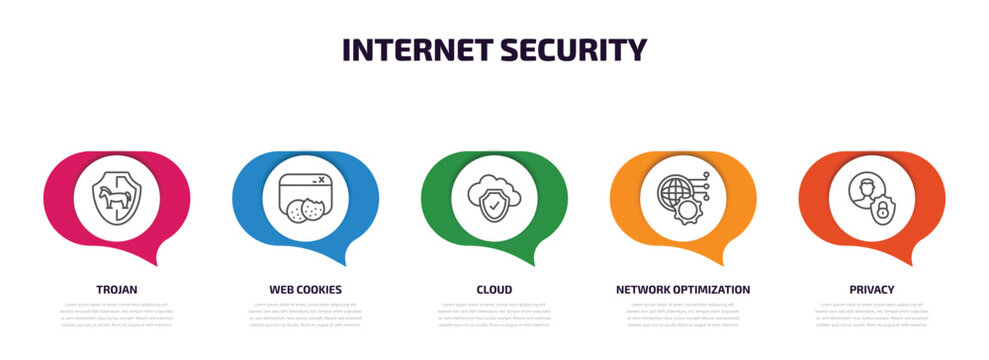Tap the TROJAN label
[117, 289]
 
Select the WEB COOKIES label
[305, 289]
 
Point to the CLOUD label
[494, 289]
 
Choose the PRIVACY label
[872, 289]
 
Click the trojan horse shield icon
[117, 197]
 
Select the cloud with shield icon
[494, 197]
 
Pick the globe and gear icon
[683, 197]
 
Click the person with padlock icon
[872, 197]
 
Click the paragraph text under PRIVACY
[872, 314]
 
